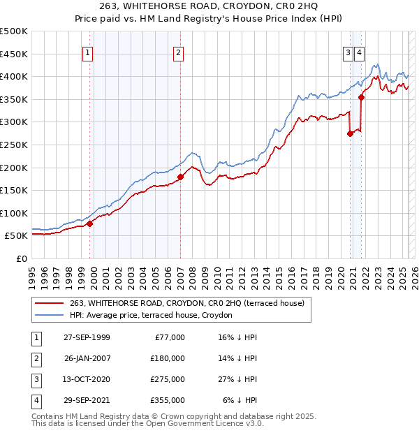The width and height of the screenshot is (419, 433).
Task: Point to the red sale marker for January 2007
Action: point(180,177)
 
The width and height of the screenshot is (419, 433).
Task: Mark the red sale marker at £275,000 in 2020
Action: point(350,134)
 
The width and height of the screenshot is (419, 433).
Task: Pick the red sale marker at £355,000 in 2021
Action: point(362,97)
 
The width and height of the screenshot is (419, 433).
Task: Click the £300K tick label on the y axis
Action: point(14,122)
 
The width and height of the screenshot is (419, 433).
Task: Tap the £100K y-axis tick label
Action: point(14,213)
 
